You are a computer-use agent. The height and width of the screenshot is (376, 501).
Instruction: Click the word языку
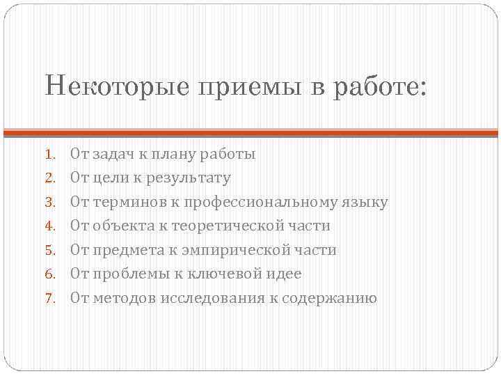tap(365, 203)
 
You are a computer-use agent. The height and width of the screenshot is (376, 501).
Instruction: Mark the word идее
tap(285, 274)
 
